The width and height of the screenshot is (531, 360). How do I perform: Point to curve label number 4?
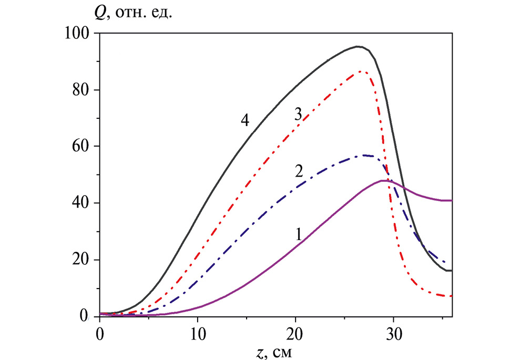click(244, 121)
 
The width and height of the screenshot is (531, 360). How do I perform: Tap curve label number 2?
click(299, 171)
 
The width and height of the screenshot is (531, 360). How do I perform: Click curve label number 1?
click(298, 234)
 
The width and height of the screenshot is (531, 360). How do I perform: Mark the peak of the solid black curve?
click(358, 46)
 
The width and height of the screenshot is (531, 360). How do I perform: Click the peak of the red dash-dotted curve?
click(361, 71)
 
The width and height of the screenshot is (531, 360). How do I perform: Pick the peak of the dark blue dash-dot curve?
click(364, 156)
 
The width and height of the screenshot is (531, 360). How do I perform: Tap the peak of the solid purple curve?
click(383, 181)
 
